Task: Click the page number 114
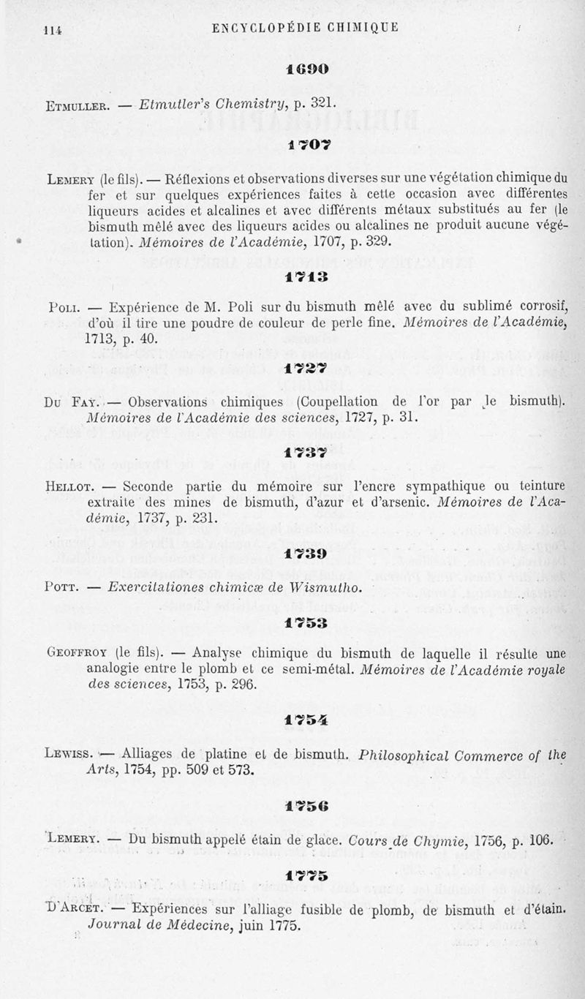pyautogui.click(x=51, y=30)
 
